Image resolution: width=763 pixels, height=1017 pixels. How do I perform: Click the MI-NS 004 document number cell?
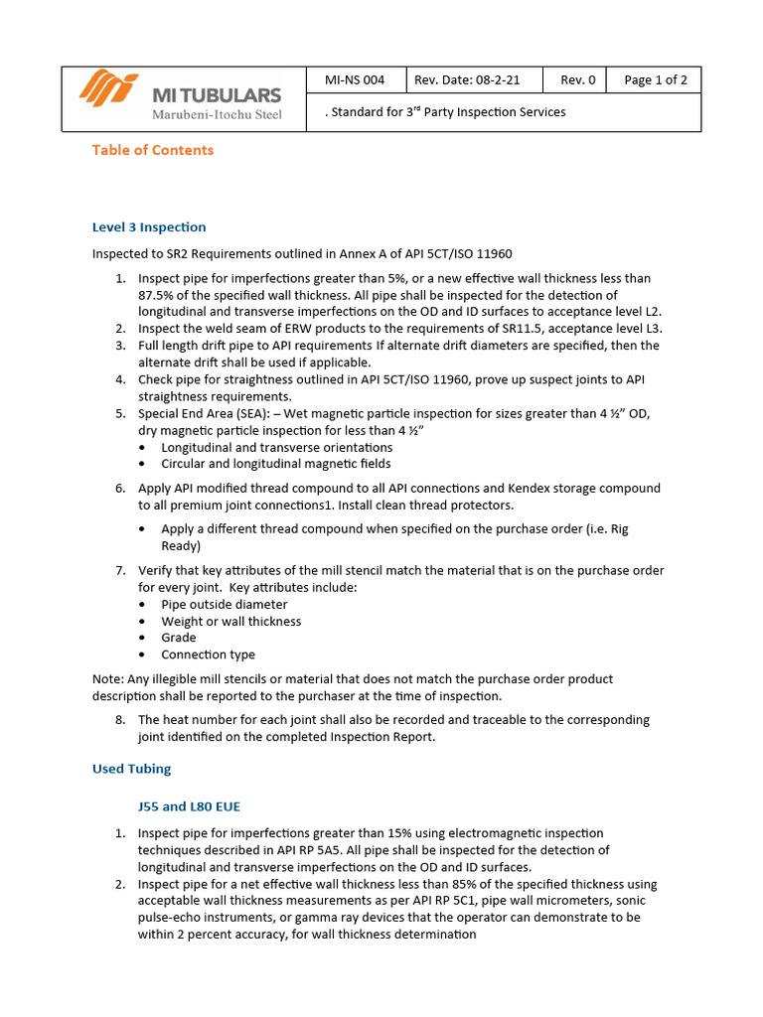click(x=355, y=80)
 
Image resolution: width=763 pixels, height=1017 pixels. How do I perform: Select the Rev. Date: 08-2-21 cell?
click(x=466, y=80)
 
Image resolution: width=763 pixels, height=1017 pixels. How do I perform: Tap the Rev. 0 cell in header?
click(x=577, y=80)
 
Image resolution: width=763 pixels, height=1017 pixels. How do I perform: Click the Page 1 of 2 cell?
click(x=655, y=80)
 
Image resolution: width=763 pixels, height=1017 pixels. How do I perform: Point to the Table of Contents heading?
click(x=152, y=150)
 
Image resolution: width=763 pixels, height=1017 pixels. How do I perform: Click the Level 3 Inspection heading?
click(x=149, y=227)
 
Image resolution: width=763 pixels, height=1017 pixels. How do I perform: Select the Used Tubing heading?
click(x=131, y=769)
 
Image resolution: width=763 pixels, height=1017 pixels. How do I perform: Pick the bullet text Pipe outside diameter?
click(x=225, y=605)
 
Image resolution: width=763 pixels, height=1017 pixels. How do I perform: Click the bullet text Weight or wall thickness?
click(x=230, y=622)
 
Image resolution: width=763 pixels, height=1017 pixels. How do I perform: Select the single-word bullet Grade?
click(x=179, y=638)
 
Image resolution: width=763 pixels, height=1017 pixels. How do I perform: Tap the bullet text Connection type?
click(x=208, y=654)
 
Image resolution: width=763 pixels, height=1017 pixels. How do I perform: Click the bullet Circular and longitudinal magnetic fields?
click(x=275, y=464)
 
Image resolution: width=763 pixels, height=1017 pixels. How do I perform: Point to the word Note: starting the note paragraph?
click(x=108, y=679)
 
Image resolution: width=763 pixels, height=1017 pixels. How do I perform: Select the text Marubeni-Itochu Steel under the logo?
click(x=216, y=115)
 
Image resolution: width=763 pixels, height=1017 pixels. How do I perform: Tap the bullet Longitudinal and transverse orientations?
click(x=276, y=448)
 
